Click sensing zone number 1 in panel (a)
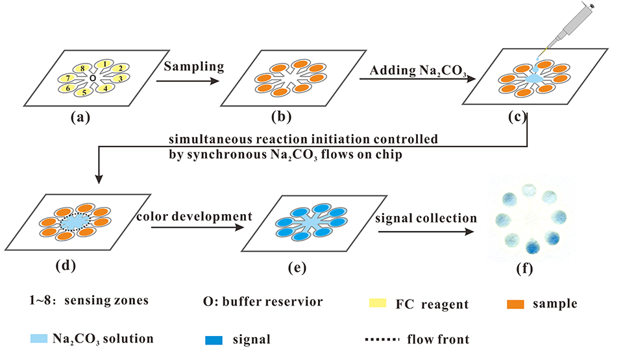point(102,64)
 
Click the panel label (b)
point(284,117)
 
